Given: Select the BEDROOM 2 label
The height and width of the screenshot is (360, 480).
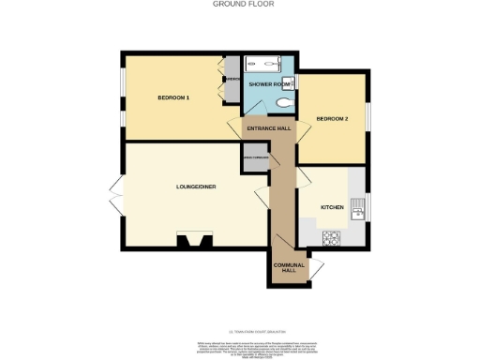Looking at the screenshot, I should [332, 119].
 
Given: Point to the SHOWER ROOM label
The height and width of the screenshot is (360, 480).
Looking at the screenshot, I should [267, 84].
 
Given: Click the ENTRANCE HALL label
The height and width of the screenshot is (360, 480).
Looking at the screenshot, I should [270, 127].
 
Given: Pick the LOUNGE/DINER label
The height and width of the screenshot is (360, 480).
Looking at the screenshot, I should [196, 187].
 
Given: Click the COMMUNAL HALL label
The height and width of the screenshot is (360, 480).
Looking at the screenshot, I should [289, 267].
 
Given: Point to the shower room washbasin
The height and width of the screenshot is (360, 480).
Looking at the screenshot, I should [289, 82].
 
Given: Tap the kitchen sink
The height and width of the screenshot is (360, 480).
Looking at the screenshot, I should [356, 214].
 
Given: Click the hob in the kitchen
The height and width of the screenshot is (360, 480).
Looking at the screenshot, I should [331, 239].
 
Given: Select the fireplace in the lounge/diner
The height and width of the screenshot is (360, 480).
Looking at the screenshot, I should [196, 242].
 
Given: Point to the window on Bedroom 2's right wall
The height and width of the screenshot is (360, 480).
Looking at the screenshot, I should [367, 113].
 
